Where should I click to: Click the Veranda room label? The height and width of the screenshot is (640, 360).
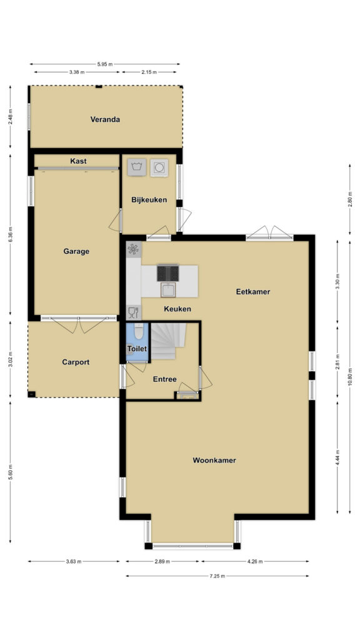[105, 119]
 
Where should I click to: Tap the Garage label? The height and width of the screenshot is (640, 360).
[76, 251]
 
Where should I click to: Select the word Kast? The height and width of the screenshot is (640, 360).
[78, 161]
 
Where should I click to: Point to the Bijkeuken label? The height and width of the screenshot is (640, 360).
[149, 200]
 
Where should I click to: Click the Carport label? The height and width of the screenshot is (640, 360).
[76, 362]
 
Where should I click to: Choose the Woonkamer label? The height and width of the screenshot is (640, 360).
[214, 461]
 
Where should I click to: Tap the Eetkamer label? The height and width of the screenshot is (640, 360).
[253, 292]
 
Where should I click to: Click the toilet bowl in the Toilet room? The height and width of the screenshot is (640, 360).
[139, 331]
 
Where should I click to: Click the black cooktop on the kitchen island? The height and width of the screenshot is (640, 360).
[167, 273]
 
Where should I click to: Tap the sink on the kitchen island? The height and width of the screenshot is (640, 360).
[168, 289]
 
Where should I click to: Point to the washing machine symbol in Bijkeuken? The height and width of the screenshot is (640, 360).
[137, 167]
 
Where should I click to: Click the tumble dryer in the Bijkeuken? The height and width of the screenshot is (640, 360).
[159, 167]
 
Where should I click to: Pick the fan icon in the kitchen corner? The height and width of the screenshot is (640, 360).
[134, 249]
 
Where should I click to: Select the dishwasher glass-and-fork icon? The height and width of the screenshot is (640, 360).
[134, 312]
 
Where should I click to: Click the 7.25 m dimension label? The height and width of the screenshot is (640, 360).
[217, 576]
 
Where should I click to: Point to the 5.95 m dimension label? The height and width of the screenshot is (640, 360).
[105, 64]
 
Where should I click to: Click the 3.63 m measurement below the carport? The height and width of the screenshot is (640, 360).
[74, 561]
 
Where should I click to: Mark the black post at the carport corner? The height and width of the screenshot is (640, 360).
[31, 394]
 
